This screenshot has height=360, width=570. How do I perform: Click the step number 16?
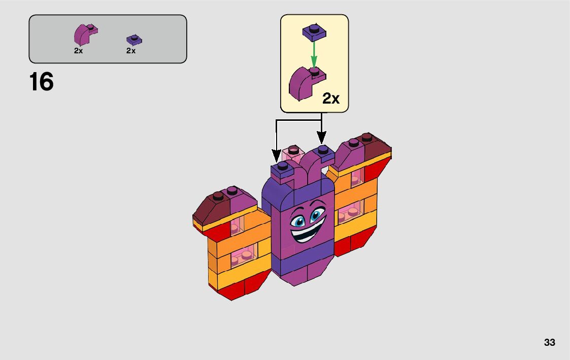[x=42, y=82]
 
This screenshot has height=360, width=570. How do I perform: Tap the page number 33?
[x=549, y=343]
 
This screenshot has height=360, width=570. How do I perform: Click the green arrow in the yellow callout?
[x=314, y=53]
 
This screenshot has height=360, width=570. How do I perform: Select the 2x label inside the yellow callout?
[x=331, y=99]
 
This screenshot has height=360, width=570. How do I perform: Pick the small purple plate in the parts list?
[x=134, y=40]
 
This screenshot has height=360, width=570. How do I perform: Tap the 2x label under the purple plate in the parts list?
[x=131, y=51]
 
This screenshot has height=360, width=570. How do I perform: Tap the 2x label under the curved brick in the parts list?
[x=78, y=51]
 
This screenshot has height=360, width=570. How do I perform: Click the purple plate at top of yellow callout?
[x=314, y=31]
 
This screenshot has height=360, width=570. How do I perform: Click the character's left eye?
[x=296, y=221]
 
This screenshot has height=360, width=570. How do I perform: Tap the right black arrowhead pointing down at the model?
[x=321, y=137]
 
